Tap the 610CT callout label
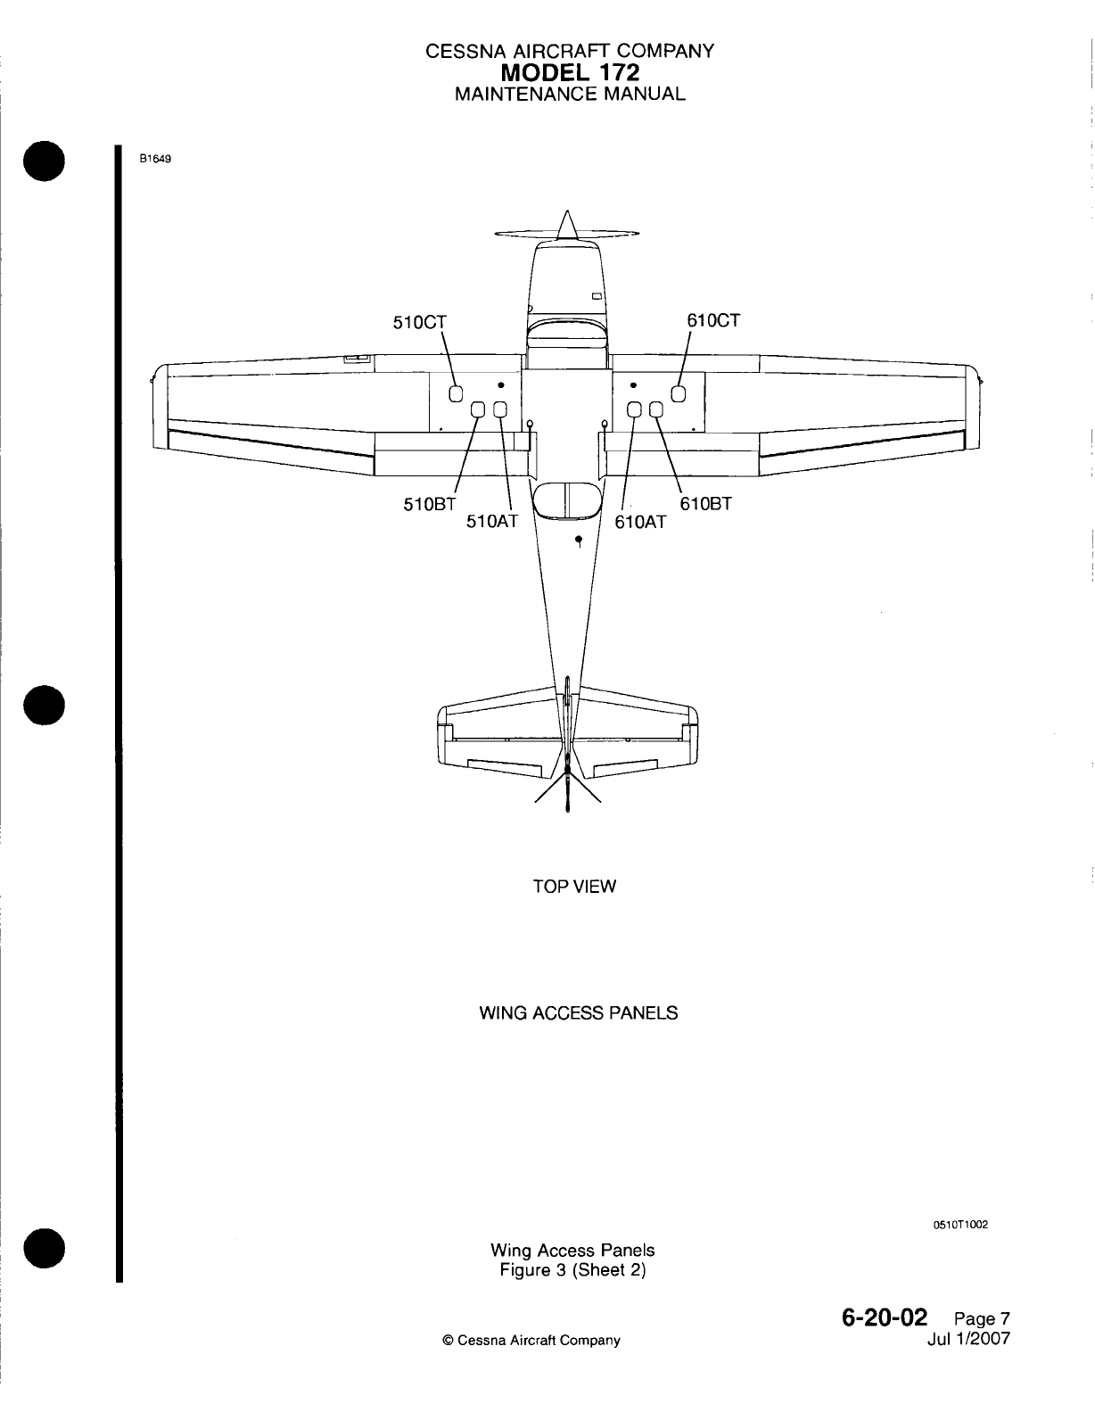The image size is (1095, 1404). [712, 320]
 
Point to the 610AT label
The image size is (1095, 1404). [640, 522]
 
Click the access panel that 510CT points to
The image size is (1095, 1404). [455, 394]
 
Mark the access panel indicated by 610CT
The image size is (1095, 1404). [678, 394]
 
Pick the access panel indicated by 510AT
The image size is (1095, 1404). [499, 410]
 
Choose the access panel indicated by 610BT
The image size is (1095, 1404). [656, 410]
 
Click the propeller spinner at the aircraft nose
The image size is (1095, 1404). [564, 225]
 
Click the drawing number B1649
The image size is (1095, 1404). [153, 160]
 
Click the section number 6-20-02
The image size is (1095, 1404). [883, 1317]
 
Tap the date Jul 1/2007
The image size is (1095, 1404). [968, 1339]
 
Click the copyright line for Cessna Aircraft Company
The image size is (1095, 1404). [531, 1340]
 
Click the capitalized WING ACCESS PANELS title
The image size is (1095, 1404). [578, 1013]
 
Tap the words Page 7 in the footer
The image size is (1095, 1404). [981, 1319]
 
